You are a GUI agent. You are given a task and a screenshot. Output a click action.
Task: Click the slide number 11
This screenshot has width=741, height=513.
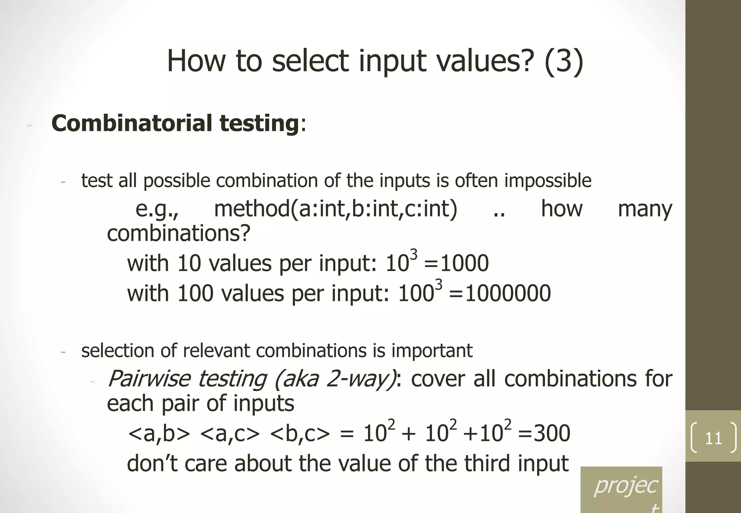(713, 438)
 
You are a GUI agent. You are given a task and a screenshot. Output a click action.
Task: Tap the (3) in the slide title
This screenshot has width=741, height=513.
(563, 61)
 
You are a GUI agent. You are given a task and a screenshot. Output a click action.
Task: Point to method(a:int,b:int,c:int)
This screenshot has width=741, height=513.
(336, 209)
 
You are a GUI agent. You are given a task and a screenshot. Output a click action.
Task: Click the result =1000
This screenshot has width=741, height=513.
(456, 263)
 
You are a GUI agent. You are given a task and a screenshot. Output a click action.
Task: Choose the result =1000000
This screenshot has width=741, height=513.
(500, 293)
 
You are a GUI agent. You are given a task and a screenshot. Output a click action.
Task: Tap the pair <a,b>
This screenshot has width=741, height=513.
(159, 433)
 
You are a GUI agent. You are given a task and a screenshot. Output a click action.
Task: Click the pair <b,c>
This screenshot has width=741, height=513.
(300, 433)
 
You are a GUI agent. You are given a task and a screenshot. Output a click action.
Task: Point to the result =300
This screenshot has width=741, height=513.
(544, 433)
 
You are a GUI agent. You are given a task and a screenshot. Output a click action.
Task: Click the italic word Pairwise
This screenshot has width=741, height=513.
(149, 379)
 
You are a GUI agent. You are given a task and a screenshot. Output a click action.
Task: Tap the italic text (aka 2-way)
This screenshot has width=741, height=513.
(335, 379)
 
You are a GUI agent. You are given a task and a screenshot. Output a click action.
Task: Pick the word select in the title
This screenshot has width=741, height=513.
(310, 61)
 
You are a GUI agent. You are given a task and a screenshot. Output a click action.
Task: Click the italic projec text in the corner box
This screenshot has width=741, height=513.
(626, 485)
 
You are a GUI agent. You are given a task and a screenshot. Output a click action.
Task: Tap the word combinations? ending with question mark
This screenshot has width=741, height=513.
(178, 233)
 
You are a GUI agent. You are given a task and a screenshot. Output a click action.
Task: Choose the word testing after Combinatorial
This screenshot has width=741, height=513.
(259, 123)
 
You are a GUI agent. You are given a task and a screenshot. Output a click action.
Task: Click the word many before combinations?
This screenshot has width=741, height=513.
(645, 209)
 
